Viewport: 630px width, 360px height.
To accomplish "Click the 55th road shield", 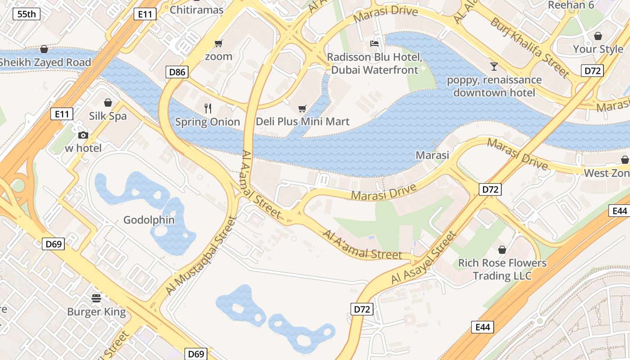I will tap(27, 14).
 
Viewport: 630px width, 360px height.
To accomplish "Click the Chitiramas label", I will tap(197, 9).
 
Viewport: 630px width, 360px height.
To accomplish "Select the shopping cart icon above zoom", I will tap(219, 43).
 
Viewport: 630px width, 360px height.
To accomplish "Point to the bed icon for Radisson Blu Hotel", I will tap(374, 44).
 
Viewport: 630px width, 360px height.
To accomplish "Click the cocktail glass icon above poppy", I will tap(494, 67).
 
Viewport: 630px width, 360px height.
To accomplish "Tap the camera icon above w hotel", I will tap(83, 135).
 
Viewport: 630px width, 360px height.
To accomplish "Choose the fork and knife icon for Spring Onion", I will tap(207, 108).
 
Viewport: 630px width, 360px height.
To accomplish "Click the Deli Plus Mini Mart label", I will tap(302, 121).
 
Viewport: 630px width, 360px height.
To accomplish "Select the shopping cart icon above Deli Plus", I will tap(302, 108).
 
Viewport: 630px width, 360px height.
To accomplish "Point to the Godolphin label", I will tap(149, 220).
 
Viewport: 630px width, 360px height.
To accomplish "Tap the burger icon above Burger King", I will tap(96, 298).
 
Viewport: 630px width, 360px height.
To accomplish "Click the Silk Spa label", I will tap(108, 116).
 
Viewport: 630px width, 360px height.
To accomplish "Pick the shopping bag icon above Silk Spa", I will tap(108, 103).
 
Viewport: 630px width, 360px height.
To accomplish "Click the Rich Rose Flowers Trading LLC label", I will tap(502, 269).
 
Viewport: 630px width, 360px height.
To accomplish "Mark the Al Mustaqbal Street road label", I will tap(201, 256).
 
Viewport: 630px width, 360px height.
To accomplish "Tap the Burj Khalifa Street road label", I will tap(530, 47).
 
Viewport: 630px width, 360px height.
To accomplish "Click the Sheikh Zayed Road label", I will tap(45, 63).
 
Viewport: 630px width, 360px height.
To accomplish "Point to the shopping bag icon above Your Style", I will tap(598, 36).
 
